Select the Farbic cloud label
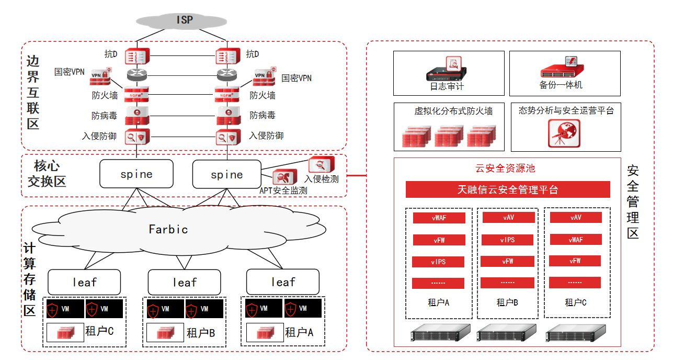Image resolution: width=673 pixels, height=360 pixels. [x=168, y=229]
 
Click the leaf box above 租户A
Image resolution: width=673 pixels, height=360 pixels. [x=283, y=282]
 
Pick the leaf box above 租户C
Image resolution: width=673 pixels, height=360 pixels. [x=84, y=282]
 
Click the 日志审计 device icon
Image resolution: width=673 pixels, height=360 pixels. [x=447, y=69]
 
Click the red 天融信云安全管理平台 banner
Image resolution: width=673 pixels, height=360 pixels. [x=508, y=189]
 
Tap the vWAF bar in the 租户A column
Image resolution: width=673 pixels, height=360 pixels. [x=439, y=218]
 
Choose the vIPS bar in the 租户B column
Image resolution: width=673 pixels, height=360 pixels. [x=507, y=240]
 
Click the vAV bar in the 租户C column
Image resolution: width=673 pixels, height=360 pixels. [x=575, y=218]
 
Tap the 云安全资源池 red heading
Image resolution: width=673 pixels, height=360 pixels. [x=505, y=168]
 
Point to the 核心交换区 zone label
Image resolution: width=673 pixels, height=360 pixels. [x=47, y=174]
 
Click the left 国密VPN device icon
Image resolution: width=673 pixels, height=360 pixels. [x=101, y=76]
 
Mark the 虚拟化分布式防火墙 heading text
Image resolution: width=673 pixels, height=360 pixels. [x=453, y=111]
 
